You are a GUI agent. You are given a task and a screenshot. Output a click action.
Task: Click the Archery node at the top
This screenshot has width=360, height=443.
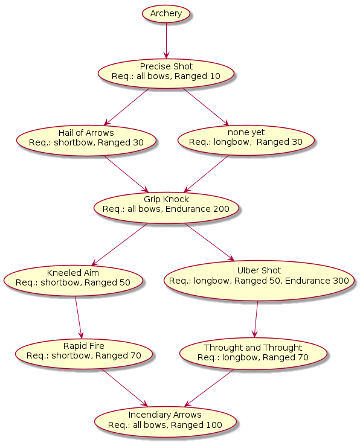click(x=166, y=13)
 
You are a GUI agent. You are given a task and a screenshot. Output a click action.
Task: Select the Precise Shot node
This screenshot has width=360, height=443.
click(x=166, y=74)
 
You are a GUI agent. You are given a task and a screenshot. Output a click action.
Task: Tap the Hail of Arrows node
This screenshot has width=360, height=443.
click(x=86, y=141)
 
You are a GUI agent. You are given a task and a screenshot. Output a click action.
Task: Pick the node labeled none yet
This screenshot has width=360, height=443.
click(x=246, y=140)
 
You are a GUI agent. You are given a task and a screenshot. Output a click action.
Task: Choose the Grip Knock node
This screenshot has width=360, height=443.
click(x=166, y=208)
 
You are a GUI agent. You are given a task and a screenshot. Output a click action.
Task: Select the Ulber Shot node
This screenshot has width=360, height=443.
click(x=259, y=280)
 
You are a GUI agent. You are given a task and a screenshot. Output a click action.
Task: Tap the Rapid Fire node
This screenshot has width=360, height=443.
click(x=84, y=354)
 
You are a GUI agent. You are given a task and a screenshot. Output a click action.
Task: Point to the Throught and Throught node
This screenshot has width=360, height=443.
click(x=253, y=354)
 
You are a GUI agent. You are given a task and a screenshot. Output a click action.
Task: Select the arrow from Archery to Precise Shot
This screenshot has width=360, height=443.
click(x=166, y=40)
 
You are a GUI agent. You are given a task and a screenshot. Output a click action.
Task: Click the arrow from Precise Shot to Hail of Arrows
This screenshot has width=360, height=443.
click(x=126, y=107)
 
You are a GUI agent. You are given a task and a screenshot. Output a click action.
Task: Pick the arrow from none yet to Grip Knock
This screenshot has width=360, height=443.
click(x=206, y=174)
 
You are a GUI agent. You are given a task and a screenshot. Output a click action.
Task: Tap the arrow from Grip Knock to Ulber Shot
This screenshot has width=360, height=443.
click(x=210, y=242)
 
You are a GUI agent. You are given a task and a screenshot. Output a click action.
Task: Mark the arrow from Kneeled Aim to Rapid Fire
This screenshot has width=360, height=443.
click(x=79, y=317)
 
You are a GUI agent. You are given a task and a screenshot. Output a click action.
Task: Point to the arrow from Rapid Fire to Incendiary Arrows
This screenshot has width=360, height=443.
click(x=124, y=388)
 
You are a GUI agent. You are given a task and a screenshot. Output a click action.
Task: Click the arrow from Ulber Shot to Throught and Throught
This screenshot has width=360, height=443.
click(x=256, y=319)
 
